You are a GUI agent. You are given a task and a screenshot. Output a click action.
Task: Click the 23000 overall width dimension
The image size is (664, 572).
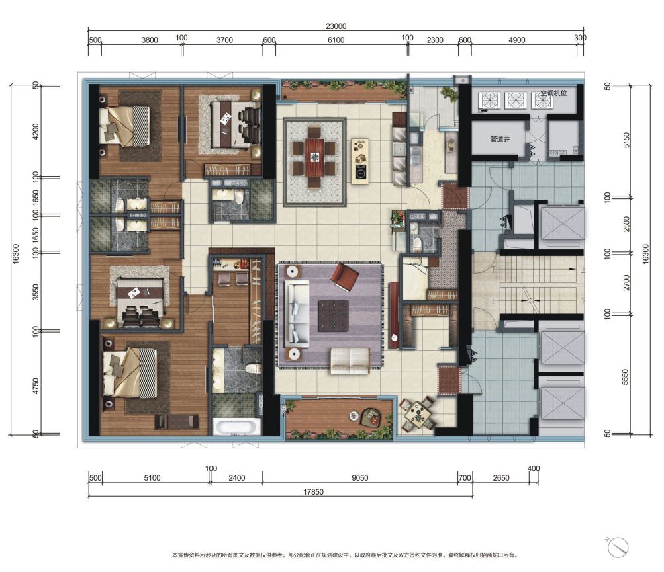click(x=336, y=26)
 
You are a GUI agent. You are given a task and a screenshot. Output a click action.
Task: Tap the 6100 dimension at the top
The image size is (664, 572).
click(x=336, y=40)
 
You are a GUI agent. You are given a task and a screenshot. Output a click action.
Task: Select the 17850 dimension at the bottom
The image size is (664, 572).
click(x=313, y=491)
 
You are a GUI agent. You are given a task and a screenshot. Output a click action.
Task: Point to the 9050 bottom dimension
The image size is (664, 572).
click(x=360, y=477)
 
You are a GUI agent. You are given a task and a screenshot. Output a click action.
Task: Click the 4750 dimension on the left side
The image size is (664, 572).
click(x=36, y=386)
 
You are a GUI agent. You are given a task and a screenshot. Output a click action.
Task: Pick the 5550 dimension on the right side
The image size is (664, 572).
click(x=625, y=377)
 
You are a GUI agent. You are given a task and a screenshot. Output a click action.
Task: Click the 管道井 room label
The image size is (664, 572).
click(x=500, y=139)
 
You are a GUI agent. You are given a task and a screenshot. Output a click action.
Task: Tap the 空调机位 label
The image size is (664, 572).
click(x=553, y=93)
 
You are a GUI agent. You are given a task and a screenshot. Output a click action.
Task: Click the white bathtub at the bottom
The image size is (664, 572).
click(x=236, y=427)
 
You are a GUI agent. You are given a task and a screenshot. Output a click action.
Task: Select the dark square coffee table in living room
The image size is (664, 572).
click(x=333, y=315)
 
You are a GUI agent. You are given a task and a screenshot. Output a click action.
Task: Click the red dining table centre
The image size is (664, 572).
click(x=314, y=157)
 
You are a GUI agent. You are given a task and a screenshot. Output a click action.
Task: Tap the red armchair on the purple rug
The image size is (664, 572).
click(x=344, y=277)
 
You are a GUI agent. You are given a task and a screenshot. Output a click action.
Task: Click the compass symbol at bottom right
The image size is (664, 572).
click(x=618, y=548)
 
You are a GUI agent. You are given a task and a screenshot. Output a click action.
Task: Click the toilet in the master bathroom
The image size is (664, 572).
click(x=252, y=368)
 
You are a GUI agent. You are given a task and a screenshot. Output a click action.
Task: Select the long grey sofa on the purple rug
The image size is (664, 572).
click(x=298, y=313)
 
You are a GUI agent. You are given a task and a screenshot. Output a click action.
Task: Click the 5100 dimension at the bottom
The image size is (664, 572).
click(x=152, y=477)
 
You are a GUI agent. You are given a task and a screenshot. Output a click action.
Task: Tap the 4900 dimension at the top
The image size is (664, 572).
click(x=516, y=40)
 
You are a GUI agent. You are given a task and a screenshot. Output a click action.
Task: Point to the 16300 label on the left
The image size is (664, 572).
click(x=16, y=254)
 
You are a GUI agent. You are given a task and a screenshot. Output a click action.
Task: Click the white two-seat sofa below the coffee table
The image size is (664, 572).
click(x=350, y=360)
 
